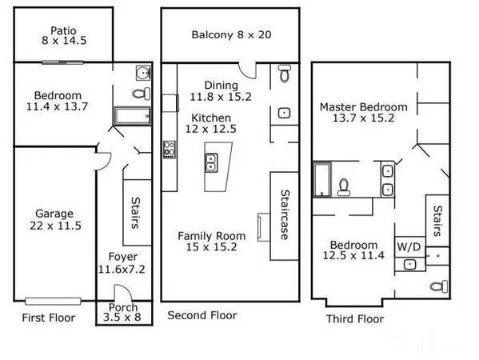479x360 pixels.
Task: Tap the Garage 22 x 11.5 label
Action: [x=54, y=220]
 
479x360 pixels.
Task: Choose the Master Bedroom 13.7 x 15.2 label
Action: [x=363, y=112]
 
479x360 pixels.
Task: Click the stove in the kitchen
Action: [x=170, y=148]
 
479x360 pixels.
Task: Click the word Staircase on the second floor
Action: [x=284, y=214]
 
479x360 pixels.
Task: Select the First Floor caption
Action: [x=48, y=318]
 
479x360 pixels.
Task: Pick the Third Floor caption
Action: [x=354, y=319]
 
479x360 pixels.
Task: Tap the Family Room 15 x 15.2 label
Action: [x=211, y=242]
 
